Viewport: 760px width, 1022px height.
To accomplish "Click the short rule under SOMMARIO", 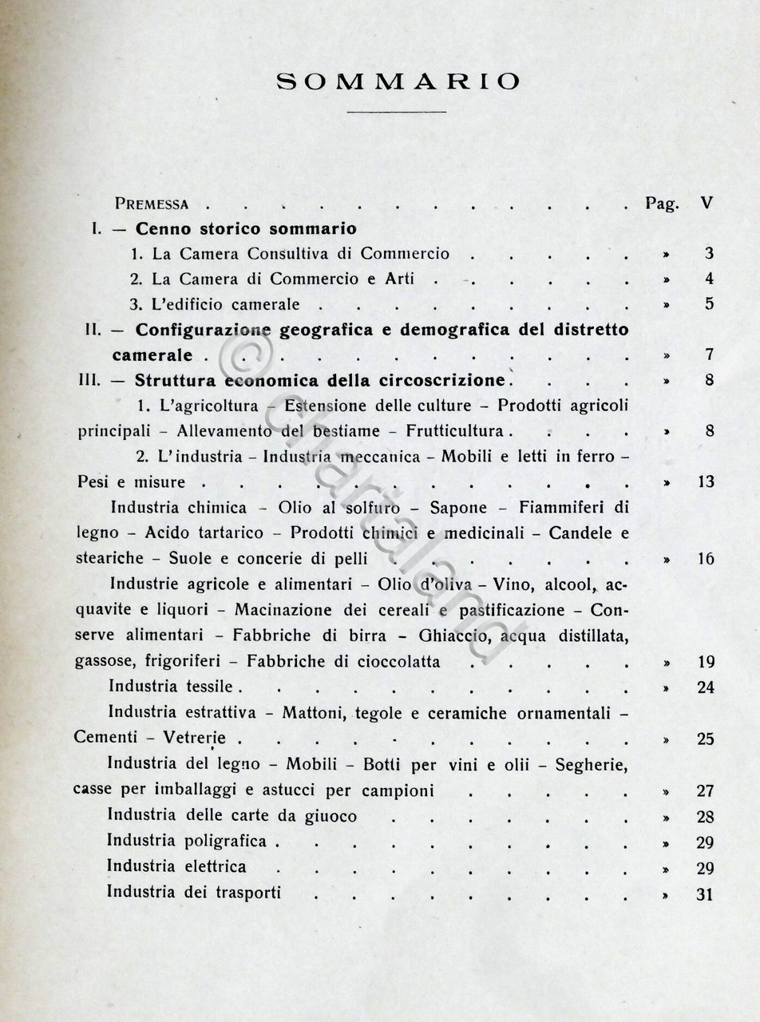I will [397, 113].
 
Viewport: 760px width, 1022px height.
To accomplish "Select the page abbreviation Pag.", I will [662, 203].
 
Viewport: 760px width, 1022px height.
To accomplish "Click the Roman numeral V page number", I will [706, 203].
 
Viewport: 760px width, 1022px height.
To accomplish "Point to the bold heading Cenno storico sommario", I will [245, 228].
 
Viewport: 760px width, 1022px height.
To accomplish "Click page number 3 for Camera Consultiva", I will [708, 255].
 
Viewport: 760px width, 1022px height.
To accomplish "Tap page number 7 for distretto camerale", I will [708, 355].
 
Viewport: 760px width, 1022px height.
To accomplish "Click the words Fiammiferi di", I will [580, 508].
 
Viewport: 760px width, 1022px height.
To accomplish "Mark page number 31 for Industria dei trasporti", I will [704, 894].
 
